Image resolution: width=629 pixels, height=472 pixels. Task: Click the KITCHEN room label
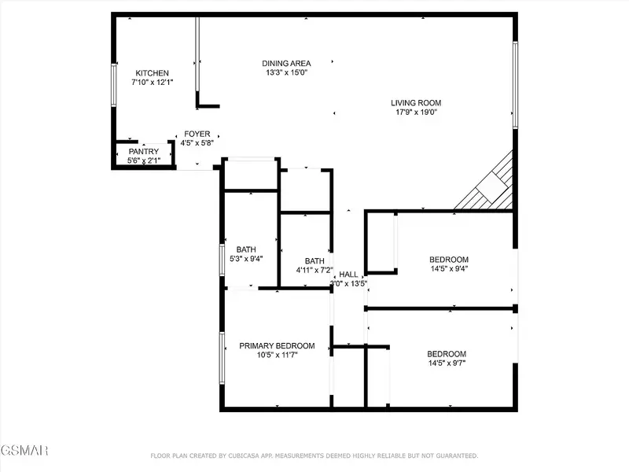coord(152,73)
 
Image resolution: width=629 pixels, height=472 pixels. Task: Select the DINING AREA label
coord(286,64)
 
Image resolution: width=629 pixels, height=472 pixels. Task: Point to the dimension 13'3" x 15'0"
coord(286,73)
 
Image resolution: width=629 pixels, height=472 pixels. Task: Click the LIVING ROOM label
coord(416,103)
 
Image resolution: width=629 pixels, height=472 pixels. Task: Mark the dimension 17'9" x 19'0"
coord(416,112)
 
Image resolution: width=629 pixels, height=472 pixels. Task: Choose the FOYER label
coord(197,135)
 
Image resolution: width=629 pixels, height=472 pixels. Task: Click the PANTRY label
coord(144,152)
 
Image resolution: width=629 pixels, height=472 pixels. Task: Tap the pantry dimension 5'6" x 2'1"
coord(144,161)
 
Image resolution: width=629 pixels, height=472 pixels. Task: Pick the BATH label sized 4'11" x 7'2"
coord(314,261)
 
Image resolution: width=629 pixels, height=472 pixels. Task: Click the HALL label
coord(349,275)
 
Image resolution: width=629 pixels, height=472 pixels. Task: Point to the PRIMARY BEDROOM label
coord(277,345)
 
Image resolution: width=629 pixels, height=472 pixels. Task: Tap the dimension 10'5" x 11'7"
coord(277,355)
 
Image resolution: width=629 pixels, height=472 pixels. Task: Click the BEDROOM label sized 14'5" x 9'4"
coord(449,260)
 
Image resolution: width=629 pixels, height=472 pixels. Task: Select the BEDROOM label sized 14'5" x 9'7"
coord(447,354)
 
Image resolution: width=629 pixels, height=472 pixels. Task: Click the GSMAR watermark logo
coord(24,451)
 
